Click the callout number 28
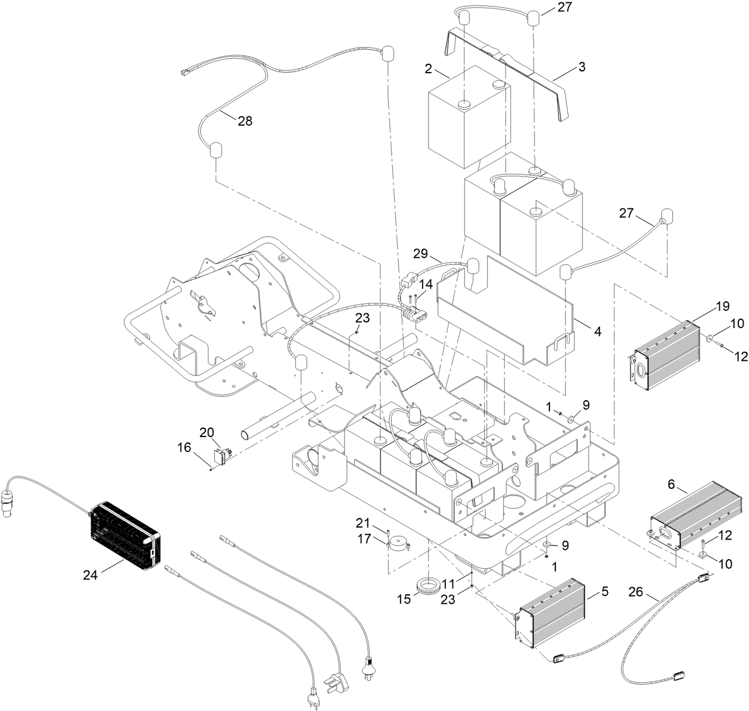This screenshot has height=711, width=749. pos(244,121)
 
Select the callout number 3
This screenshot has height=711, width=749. pos(581,67)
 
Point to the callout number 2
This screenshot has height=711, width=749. pos(428,69)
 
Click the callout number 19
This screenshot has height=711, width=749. pos(722,307)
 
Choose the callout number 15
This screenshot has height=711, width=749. pos(404,599)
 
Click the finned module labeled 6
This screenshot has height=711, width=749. pos(697,514)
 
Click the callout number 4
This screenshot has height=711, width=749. pos(597,329)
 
